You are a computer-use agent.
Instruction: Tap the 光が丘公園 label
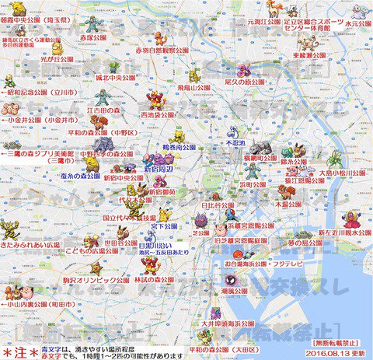click(57, 60)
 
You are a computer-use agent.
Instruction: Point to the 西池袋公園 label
click(157, 115)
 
